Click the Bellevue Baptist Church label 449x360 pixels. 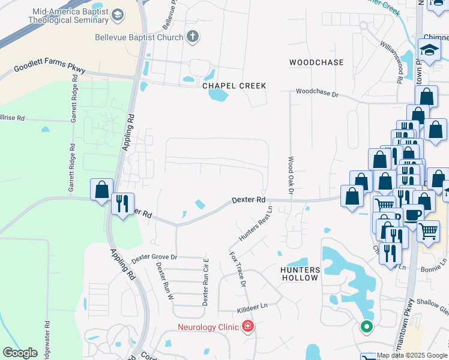(139, 37)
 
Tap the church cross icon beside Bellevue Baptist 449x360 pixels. (193, 37)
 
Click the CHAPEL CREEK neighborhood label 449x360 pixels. (234, 86)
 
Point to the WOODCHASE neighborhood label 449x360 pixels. (316, 62)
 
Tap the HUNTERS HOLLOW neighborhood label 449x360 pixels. (300, 274)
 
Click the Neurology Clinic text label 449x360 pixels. (208, 327)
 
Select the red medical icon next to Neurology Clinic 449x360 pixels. (247, 327)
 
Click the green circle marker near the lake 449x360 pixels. (366, 327)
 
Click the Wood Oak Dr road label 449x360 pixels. (291, 176)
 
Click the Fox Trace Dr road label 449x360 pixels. (238, 268)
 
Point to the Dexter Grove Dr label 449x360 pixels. (155, 257)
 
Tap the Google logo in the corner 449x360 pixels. (20, 353)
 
